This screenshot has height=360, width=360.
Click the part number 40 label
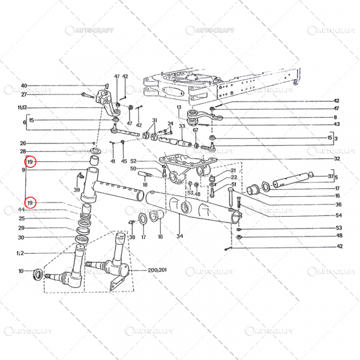coord(24,86)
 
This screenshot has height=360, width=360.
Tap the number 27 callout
coord(24,94)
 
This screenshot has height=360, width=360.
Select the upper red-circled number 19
coord(31,162)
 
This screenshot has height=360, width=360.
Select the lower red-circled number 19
coord(31,202)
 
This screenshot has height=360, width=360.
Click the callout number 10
coord(22,271)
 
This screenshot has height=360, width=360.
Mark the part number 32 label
coord(337,159)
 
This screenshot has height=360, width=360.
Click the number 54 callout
coord(338,215)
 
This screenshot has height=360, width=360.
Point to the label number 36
coord(338,204)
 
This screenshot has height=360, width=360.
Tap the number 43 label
coord(337,124)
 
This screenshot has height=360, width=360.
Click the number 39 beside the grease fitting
coord(76,190)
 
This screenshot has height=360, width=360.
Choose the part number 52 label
coord(134,161)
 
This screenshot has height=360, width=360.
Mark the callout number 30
coord(22,237)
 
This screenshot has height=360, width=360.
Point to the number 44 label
coord(22,209)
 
